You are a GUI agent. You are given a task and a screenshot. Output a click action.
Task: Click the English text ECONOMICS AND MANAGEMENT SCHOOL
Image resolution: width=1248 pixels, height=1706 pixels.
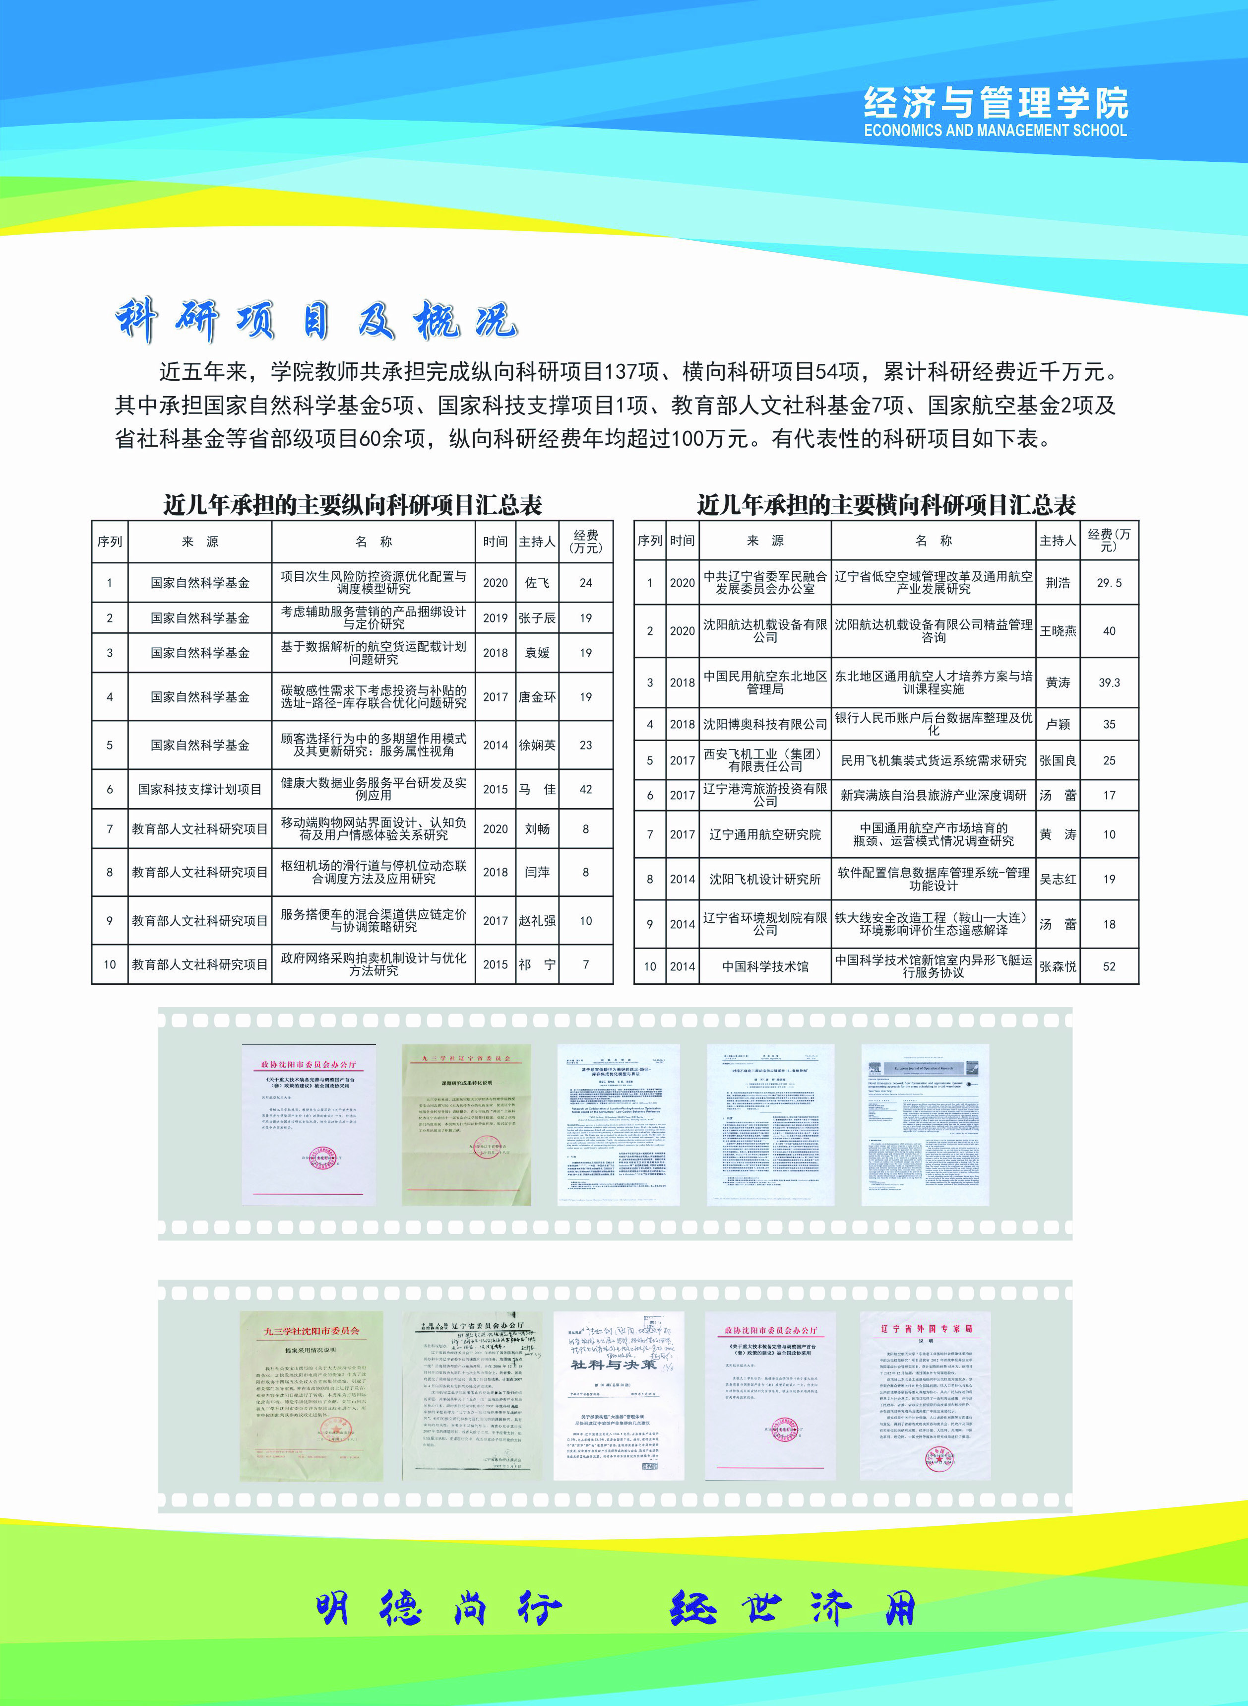click(x=995, y=130)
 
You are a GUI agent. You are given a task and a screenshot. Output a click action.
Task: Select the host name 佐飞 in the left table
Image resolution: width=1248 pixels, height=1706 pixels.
click(x=537, y=583)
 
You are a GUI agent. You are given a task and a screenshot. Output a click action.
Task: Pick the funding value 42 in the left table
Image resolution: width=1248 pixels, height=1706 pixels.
click(x=585, y=789)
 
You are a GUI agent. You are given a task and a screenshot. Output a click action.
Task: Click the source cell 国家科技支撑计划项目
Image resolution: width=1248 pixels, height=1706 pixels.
click(x=199, y=789)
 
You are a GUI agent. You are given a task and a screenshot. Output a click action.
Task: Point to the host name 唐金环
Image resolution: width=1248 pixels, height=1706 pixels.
click(x=537, y=697)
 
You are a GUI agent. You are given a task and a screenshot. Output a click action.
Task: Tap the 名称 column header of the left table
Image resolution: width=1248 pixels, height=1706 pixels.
click(x=373, y=541)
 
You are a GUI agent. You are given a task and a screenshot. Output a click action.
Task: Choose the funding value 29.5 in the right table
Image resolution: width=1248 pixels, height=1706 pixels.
click(x=1109, y=583)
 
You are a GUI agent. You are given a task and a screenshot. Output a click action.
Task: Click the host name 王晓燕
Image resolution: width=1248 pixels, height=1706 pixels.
click(x=1058, y=631)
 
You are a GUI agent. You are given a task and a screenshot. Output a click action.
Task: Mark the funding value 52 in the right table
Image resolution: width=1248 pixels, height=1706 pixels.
click(x=1109, y=966)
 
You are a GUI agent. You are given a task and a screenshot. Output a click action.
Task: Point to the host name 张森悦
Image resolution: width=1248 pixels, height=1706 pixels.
click(x=1058, y=966)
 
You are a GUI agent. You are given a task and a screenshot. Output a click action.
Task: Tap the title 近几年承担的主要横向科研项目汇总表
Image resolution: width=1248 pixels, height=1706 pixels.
click(x=886, y=504)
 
